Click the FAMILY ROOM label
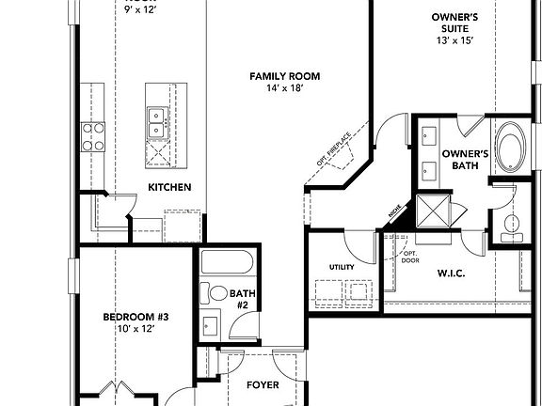285,75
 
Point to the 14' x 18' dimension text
285,88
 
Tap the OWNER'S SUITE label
456,23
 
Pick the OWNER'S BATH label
465,160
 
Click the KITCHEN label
169,187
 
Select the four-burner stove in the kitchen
94,136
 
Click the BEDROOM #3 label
128,317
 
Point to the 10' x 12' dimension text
128,329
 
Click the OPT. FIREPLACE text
333,151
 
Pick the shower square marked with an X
434,209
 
